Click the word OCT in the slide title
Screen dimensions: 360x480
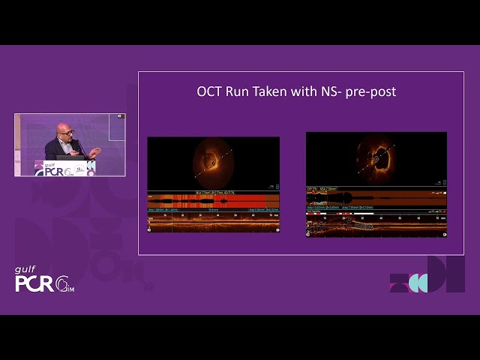(210, 92)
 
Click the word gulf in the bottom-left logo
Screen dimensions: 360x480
(26, 270)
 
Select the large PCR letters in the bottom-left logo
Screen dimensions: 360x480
(34, 283)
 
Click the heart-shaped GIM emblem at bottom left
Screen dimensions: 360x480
(65, 284)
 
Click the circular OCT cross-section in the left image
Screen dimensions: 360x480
(213, 162)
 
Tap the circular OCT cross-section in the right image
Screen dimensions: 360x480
(376, 158)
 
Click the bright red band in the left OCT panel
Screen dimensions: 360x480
(214, 200)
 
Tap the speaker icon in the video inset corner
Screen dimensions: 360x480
(118, 116)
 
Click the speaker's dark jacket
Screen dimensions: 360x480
(56, 149)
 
